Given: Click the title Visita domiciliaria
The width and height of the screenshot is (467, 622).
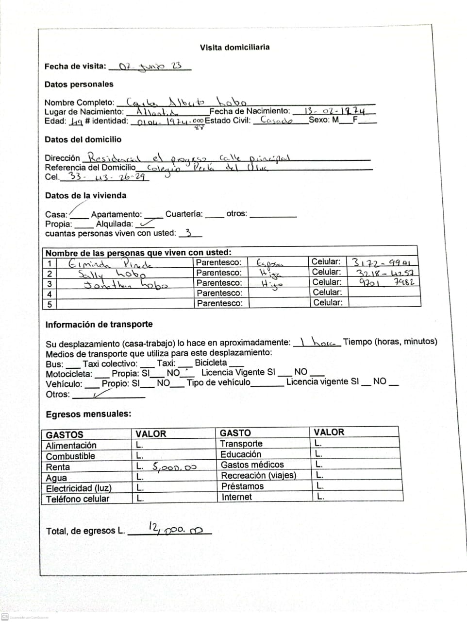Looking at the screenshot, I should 234,47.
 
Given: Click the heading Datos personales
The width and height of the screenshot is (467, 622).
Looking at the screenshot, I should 79,84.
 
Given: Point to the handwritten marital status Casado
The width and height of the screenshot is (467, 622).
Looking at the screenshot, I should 276,120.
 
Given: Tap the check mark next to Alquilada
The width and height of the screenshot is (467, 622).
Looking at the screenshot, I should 145,224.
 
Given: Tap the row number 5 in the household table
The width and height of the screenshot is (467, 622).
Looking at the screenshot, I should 49,304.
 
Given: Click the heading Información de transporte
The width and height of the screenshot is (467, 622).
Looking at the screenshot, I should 99,324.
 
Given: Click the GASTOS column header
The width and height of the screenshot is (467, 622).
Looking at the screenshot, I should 65,434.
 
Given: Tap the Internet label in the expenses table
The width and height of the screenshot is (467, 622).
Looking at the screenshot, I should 236,497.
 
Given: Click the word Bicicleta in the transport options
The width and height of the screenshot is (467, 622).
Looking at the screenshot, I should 211,363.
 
